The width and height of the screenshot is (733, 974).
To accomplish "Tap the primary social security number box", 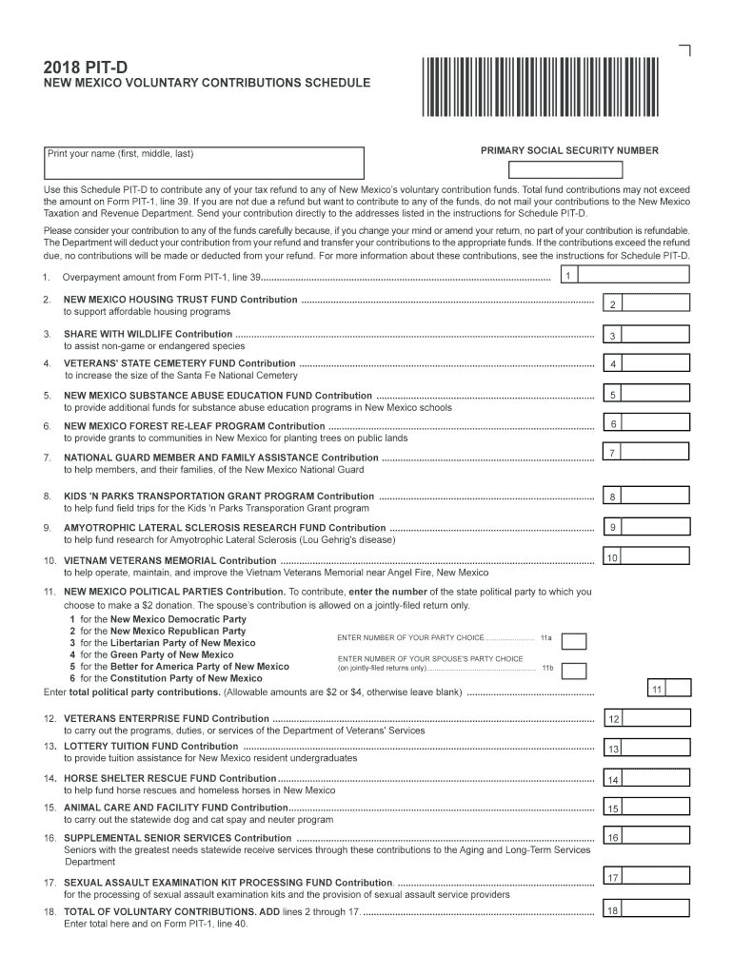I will click(x=565, y=170).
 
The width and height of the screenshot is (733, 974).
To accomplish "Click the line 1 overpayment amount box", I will click(x=633, y=275).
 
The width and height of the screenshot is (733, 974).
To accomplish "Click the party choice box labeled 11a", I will click(x=574, y=641).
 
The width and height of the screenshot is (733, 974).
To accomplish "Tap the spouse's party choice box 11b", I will click(x=574, y=671).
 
